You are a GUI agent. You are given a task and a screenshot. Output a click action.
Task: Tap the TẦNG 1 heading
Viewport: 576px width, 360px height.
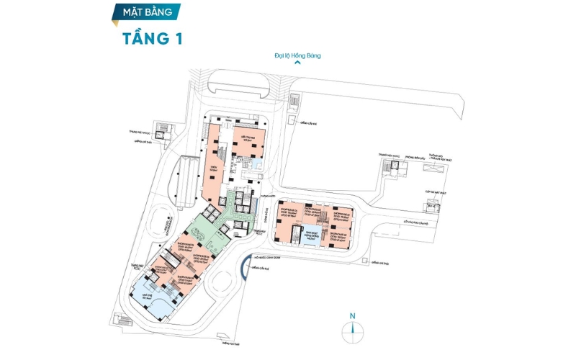pyautogui.click(x=151, y=38)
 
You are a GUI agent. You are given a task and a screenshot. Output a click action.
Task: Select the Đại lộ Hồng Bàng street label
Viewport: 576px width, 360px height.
pyautogui.click(x=297, y=55)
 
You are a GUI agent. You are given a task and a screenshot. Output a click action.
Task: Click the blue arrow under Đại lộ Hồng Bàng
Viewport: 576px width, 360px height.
pyautogui.click(x=297, y=63)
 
